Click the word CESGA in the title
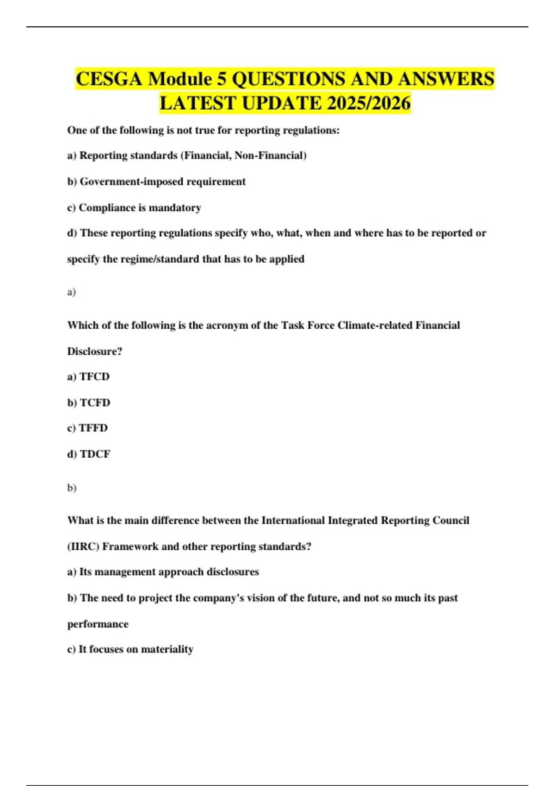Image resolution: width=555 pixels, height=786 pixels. [109, 79]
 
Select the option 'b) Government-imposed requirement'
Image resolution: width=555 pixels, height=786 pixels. [156, 182]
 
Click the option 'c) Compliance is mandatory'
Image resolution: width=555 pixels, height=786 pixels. [134, 208]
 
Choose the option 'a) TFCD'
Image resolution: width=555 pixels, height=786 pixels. [88, 377]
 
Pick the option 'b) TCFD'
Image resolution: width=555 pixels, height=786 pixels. [89, 403]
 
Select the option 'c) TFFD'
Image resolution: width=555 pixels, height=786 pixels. [87, 428]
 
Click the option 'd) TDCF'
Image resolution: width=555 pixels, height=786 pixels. [89, 454]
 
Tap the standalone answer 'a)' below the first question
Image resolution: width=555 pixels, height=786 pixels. [71, 292]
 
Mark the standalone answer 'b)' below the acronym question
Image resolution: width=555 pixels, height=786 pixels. [72, 488]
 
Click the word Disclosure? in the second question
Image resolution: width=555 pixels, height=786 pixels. [95, 351]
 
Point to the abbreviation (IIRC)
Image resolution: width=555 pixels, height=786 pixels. [83, 547]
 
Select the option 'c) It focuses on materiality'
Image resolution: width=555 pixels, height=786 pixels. [130, 649]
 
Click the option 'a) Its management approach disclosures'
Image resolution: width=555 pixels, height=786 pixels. [163, 572]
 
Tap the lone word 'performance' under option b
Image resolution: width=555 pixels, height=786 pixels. [98, 624]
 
